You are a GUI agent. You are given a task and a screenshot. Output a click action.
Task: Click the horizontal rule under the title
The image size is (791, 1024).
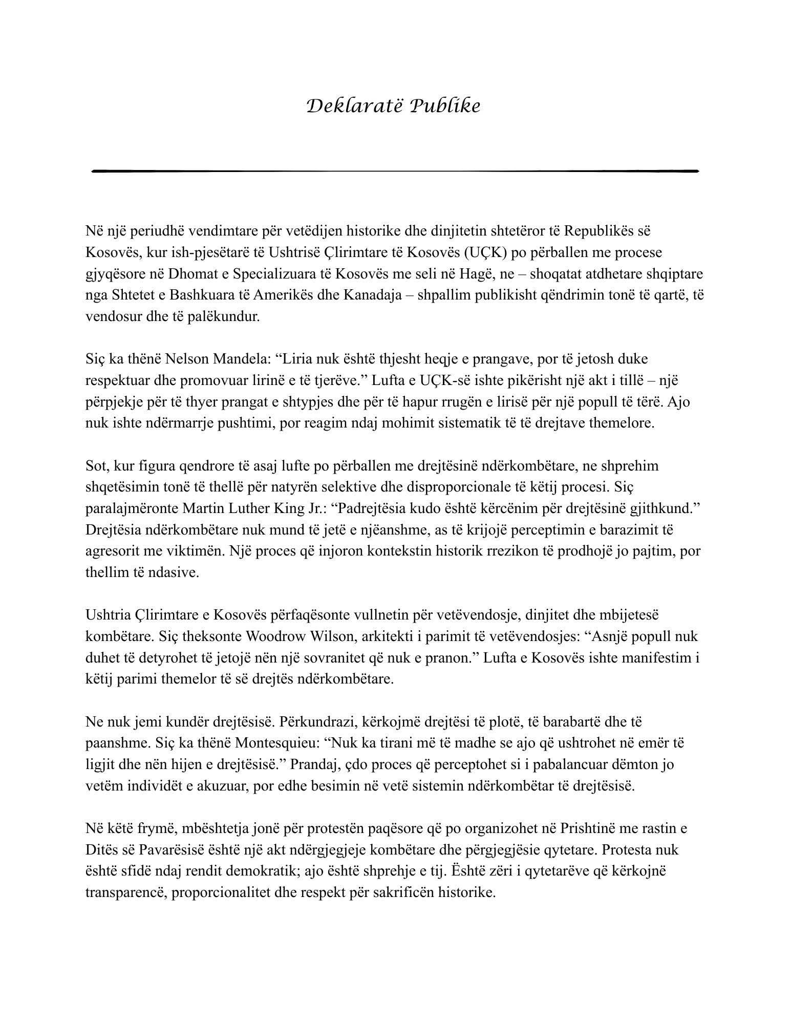click(x=395, y=171)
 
